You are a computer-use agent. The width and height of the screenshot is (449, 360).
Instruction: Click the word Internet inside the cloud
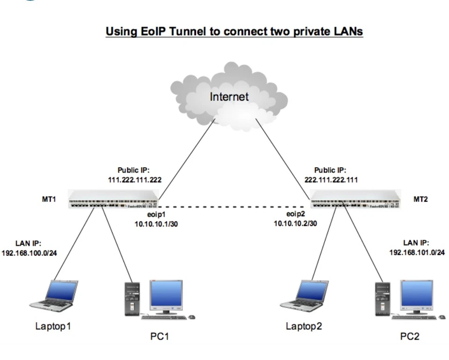229,96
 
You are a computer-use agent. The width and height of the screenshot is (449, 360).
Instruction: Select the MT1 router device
113,199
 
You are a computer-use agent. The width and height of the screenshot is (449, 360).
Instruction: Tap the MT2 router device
355,199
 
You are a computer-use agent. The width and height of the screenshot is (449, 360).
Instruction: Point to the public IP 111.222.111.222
135,180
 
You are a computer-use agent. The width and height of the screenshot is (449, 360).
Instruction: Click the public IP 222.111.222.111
331,180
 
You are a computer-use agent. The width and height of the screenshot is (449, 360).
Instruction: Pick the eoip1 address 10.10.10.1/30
156,224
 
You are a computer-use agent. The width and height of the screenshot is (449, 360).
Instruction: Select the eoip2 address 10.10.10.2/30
295,223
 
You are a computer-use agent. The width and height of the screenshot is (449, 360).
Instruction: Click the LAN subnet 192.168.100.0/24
29,253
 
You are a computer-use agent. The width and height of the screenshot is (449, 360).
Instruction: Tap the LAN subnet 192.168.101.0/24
417,252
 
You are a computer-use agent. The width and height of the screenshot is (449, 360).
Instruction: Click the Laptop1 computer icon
54,296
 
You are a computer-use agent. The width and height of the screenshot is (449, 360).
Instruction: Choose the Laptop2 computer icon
304,296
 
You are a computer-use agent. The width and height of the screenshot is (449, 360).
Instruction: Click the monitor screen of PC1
166,294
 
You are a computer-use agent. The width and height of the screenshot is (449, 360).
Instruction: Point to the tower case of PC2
383,299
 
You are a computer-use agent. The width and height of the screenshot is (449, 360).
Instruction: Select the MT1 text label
49,199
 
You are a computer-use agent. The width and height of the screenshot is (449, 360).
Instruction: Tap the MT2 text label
420,199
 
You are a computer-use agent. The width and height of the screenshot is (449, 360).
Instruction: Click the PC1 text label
159,336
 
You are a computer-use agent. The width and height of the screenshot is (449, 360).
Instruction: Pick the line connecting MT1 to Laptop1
74,244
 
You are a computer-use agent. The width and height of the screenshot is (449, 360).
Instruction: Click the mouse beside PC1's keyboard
192,317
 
